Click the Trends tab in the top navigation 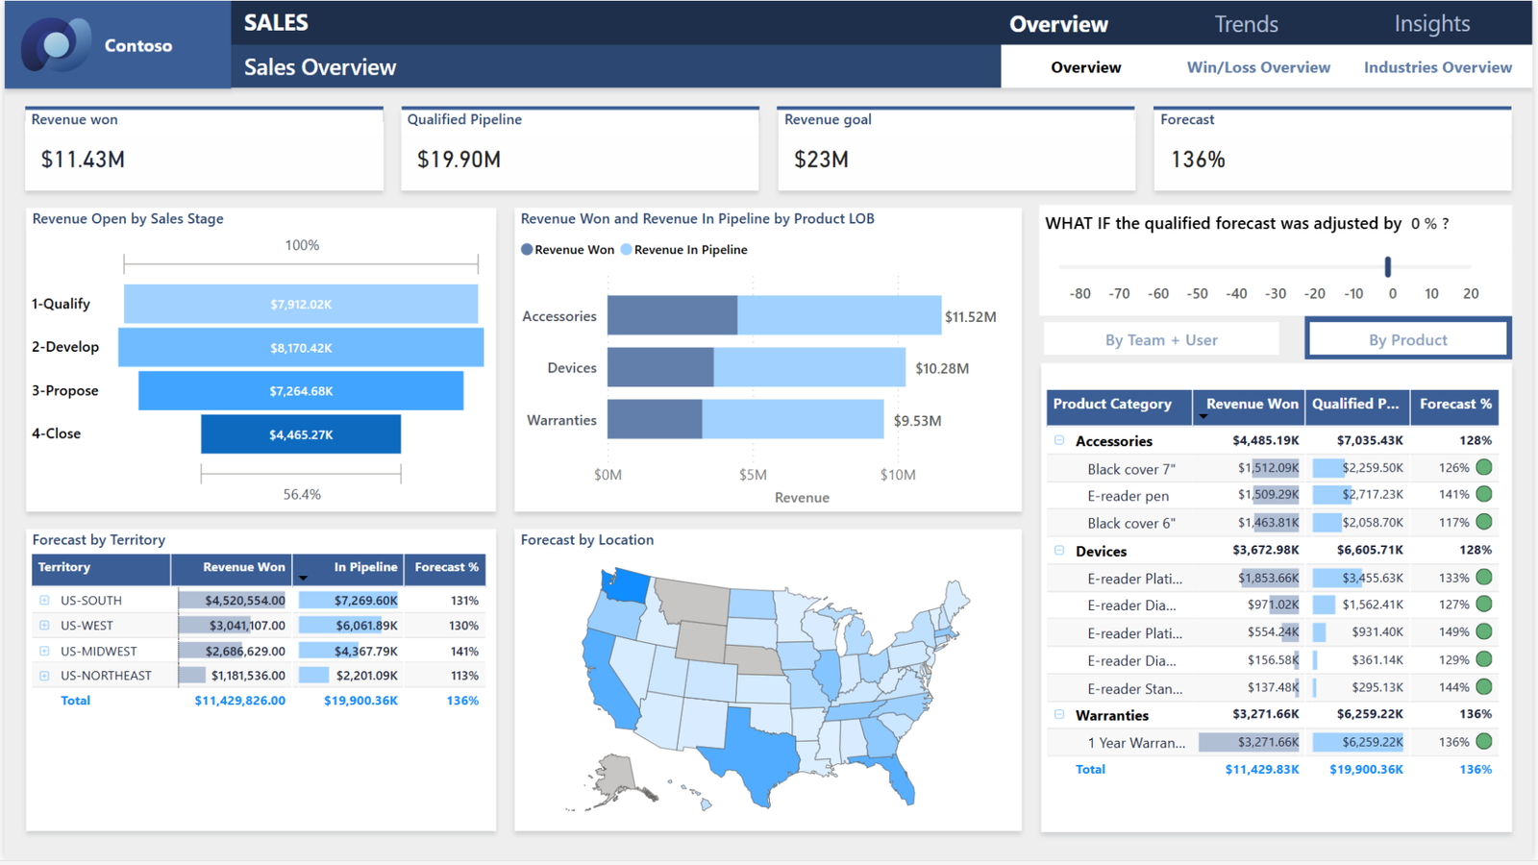pyautogui.click(x=1246, y=24)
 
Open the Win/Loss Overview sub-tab pyautogui.click(x=1258, y=67)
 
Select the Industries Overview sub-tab pyautogui.click(x=1437, y=67)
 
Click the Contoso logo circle pyautogui.click(x=56, y=44)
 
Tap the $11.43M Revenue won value pyautogui.click(x=83, y=160)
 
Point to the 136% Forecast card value pyautogui.click(x=1198, y=160)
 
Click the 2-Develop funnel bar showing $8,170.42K pyautogui.click(x=301, y=348)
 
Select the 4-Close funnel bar pyautogui.click(x=301, y=434)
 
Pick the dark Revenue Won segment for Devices pyautogui.click(x=660, y=368)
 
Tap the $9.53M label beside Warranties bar pyautogui.click(x=917, y=421)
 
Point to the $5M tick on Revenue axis pyautogui.click(x=753, y=475)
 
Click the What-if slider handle pyautogui.click(x=1388, y=266)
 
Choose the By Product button pyautogui.click(x=1407, y=339)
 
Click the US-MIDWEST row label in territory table pyautogui.click(x=99, y=651)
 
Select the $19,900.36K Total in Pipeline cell pyautogui.click(x=360, y=701)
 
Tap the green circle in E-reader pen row pyautogui.click(x=1484, y=494)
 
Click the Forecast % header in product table pyautogui.click(x=1455, y=405)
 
